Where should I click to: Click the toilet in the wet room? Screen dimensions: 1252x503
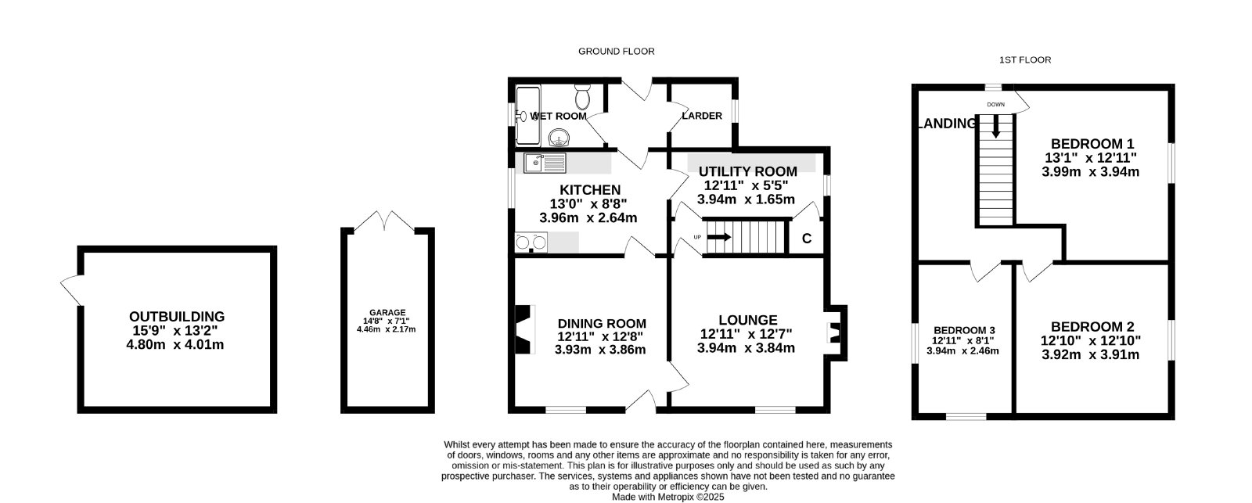tap(582, 97)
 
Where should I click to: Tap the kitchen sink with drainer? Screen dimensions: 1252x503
tap(545, 163)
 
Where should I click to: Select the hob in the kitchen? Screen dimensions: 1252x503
tap(531, 242)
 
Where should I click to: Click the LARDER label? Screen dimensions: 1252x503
tap(701, 116)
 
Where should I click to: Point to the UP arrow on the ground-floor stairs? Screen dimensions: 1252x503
tap(719, 237)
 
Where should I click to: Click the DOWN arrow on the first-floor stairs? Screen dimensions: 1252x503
tap(996, 126)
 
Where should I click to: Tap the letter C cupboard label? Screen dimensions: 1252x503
tap(807, 239)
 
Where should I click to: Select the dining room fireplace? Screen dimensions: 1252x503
tap(525, 329)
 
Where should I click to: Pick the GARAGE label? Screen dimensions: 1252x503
tap(387, 312)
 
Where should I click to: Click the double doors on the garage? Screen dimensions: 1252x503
tap(384, 221)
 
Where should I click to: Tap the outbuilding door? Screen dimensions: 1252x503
tap(71, 290)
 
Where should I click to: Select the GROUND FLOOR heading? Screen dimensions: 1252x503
tap(616, 52)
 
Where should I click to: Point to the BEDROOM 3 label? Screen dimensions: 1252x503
tap(964, 330)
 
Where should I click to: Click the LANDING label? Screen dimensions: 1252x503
tap(948, 124)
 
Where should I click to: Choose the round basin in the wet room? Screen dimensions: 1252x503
tap(558, 137)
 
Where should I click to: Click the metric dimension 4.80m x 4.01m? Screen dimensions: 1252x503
tap(175, 345)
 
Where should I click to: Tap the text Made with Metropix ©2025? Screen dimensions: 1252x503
tap(668, 497)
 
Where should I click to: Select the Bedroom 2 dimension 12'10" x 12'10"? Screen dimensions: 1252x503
tap(1091, 340)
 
